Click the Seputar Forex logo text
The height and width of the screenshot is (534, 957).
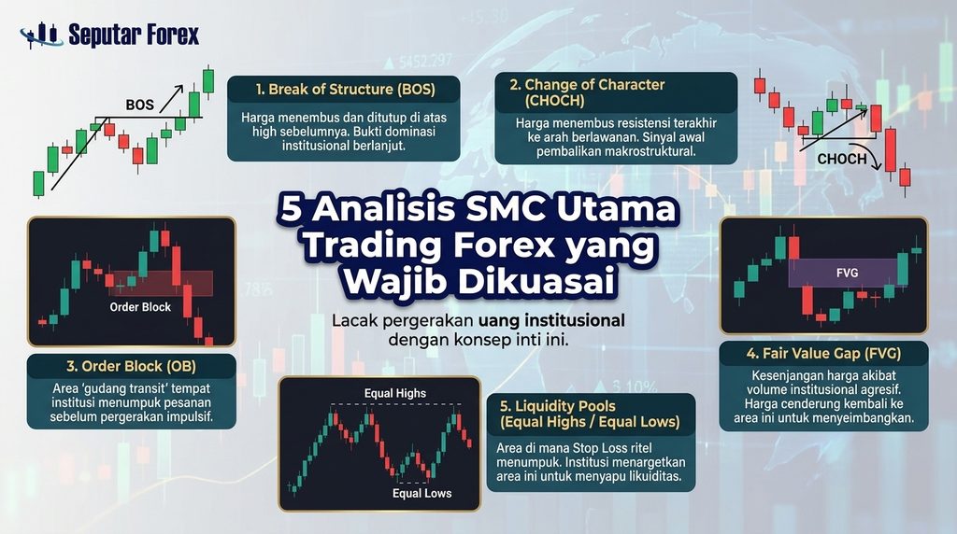134,35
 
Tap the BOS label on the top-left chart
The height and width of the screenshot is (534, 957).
140,105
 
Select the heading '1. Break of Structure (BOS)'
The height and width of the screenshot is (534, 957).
346,90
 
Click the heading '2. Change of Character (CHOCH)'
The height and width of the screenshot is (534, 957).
587,92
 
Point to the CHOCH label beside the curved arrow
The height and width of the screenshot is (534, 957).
842,159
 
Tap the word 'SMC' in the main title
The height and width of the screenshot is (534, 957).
515,208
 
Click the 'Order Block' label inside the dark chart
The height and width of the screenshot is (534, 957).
140,307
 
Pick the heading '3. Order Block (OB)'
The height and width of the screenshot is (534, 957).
131,366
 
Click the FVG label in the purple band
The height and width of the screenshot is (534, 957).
847,274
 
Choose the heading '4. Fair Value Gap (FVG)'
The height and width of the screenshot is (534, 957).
823,354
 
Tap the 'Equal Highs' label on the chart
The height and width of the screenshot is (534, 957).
395,393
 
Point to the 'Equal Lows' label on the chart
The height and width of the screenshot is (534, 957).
421,493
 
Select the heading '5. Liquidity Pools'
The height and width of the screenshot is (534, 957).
557,406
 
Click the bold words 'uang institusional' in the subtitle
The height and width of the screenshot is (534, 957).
551,320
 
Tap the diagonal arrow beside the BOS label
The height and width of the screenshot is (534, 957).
172,98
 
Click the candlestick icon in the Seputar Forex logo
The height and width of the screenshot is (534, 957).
41,35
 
